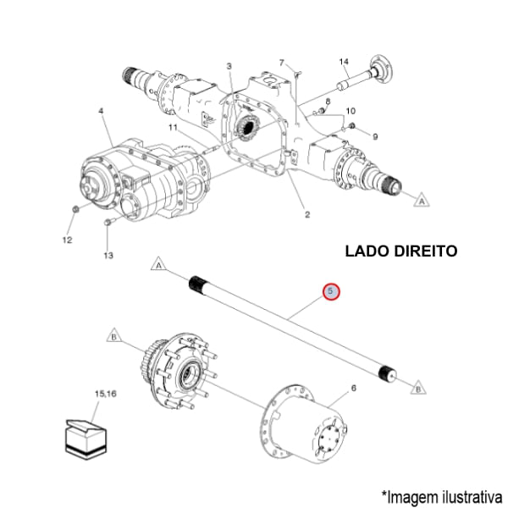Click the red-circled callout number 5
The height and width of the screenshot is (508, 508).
click(x=332, y=292)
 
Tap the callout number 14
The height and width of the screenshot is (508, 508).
click(x=344, y=62)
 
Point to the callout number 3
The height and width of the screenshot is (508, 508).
click(x=229, y=66)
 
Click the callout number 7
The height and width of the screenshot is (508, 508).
click(x=282, y=62)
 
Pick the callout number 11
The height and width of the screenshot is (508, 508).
click(x=172, y=128)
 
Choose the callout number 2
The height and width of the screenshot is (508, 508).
click(x=306, y=215)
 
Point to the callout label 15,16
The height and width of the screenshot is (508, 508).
click(x=107, y=394)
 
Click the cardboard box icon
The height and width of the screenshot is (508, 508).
click(x=88, y=436)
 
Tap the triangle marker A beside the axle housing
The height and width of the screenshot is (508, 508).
click(x=419, y=201)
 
